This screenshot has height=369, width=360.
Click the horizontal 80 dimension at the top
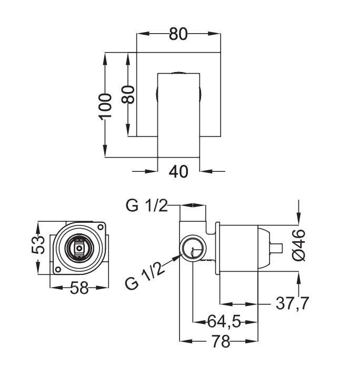pyautogui.click(x=179, y=34)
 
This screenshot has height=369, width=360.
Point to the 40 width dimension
pyautogui.click(x=179, y=171)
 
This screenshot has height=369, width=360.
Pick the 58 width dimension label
pyautogui.click(x=79, y=288)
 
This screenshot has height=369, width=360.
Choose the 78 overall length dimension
pyautogui.click(x=223, y=342)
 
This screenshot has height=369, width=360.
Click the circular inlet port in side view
pyautogui.click(x=192, y=248)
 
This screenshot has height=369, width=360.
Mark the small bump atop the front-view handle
pyautogui.click(x=179, y=71)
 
